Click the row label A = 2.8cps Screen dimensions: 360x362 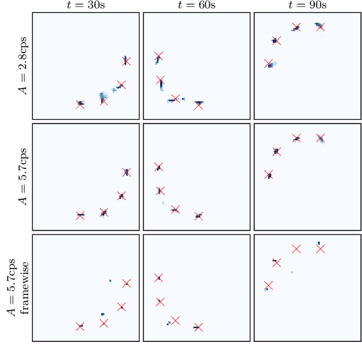coord(23,66)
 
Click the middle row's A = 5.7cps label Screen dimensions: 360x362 coord(23,177)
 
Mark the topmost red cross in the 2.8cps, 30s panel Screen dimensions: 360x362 coord(126,61)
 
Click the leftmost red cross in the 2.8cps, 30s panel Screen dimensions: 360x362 coord(80,105)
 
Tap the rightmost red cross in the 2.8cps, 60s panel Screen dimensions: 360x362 coord(199,105)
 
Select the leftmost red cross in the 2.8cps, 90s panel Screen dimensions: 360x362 coord(269,63)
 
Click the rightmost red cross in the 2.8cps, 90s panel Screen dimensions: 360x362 coord(321,27)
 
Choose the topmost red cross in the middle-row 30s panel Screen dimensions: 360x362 coord(126,172)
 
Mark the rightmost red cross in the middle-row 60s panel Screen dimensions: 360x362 coord(199,216)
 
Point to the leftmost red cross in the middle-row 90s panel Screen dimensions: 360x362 coord(269,174)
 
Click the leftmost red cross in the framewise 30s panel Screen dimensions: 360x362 coord(80,327)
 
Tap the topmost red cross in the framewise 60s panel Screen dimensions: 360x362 coord(158,277)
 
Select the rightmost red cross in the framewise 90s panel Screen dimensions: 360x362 coord(321,248)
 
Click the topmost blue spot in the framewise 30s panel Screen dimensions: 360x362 coord(110,280)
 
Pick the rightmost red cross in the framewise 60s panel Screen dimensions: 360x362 coord(199,327)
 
